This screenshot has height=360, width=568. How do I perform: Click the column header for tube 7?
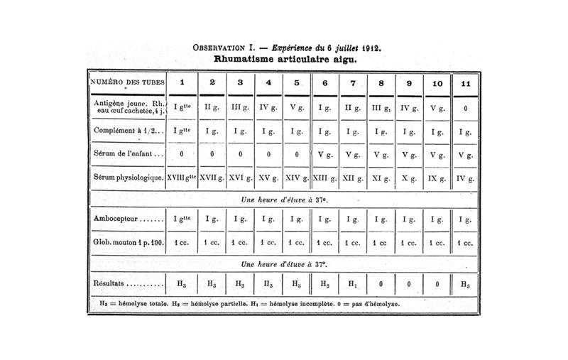pos(353,82)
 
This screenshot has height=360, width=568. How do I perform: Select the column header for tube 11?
pos(465,82)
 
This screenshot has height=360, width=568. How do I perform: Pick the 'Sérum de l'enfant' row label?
pos(128,154)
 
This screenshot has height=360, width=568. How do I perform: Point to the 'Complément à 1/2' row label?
pos(128,131)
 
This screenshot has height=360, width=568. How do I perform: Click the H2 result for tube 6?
pos(324,283)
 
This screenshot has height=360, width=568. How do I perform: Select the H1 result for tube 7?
pos(353,283)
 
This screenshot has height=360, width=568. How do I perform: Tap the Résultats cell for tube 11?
pos(465,283)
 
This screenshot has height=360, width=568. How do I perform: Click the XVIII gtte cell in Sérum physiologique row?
pos(182,177)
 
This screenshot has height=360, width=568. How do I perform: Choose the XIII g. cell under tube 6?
pos(324,177)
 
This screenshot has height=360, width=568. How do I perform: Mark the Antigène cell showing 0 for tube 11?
pos(465,108)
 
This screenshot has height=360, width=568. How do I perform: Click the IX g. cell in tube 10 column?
pos(437,177)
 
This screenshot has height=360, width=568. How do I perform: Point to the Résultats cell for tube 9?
pos(409,283)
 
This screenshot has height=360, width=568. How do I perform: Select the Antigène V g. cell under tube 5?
pos(295,108)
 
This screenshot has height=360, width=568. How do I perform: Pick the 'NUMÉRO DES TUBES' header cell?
pos(127,82)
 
